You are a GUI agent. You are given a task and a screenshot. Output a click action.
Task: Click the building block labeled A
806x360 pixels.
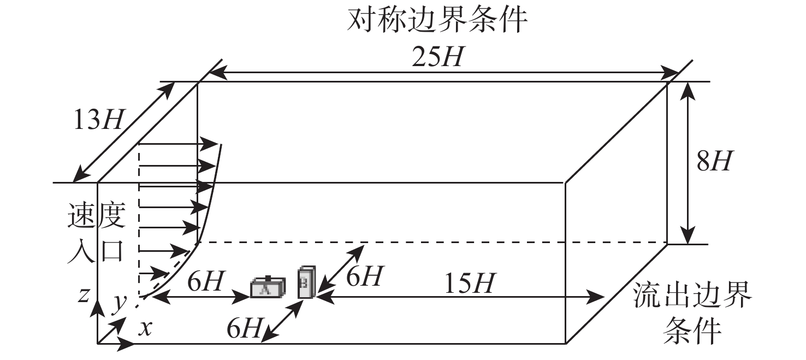click(268, 287)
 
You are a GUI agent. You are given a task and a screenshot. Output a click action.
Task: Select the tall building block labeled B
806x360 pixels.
click(307, 282)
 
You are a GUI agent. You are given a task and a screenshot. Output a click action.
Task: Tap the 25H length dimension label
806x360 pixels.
click(437, 57)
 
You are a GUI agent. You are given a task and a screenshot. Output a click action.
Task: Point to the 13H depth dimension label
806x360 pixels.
click(98, 120)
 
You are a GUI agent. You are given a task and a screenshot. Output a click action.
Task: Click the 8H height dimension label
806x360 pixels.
click(714, 161)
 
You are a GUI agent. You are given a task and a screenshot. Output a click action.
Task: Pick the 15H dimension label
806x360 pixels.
click(470, 283)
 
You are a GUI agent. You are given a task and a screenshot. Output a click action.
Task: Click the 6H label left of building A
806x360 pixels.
click(205, 281)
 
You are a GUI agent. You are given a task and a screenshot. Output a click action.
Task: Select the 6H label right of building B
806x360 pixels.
click(364, 276)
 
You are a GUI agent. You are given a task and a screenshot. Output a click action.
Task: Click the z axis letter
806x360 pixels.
click(84, 295)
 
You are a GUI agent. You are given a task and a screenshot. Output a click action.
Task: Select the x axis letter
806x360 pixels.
click(146, 329)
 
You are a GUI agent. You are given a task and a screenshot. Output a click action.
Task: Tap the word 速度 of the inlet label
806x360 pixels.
click(97, 215)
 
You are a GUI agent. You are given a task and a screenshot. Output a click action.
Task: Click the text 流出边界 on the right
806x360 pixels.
click(692, 295)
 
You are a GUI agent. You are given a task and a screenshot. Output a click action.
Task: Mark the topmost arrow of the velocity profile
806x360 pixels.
click(179, 144)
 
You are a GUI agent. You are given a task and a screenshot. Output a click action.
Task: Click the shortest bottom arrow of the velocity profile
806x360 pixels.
click(153, 273)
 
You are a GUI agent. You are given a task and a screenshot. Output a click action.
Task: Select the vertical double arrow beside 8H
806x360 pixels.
click(688, 163)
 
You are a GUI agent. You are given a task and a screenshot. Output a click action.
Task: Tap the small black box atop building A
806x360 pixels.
click(268, 278)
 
